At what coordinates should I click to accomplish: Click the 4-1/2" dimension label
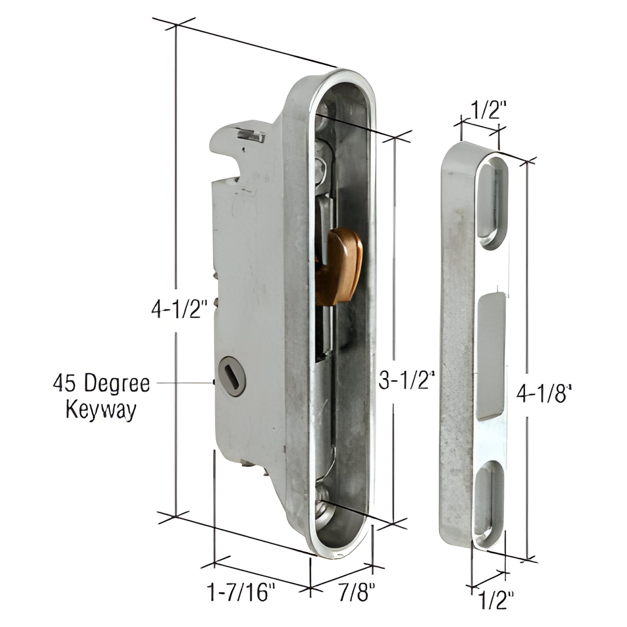[177, 310]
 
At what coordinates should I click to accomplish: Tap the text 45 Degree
[101, 384]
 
